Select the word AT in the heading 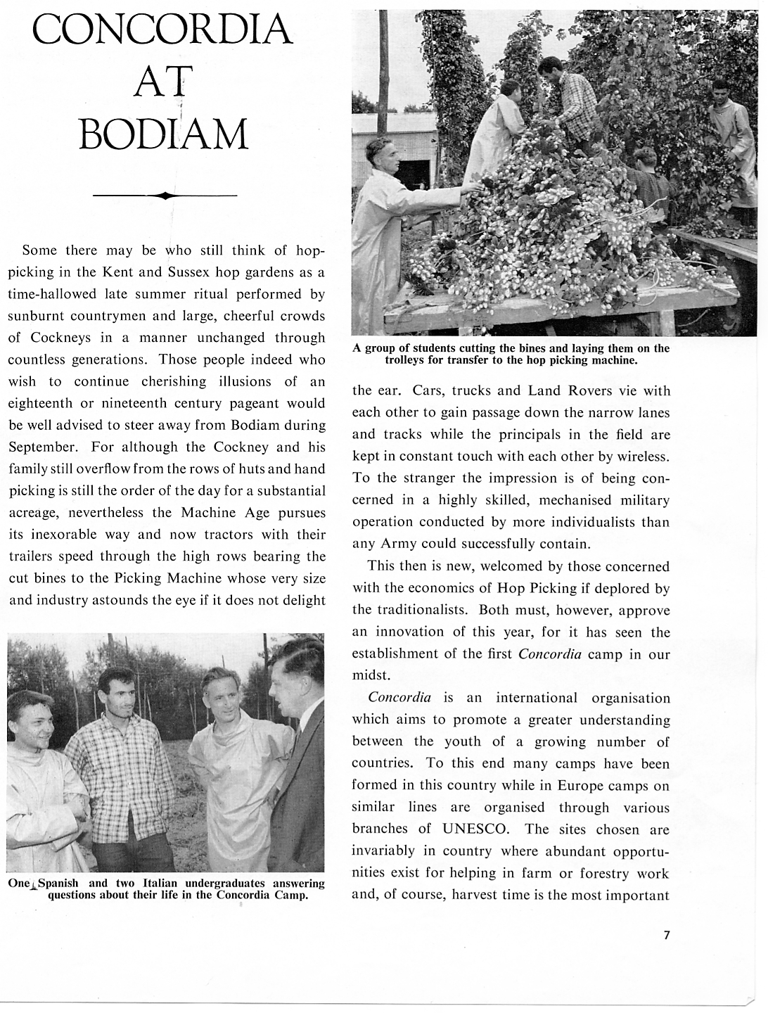pos(162,82)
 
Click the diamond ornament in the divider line pos(165,196)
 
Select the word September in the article pos(42,447)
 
